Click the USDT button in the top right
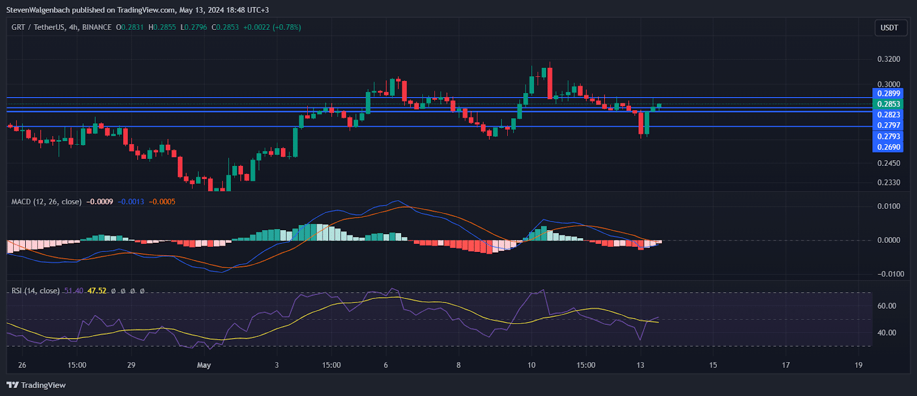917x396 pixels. click(x=889, y=28)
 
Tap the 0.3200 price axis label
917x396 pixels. click(x=889, y=59)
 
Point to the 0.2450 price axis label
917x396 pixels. click(x=889, y=163)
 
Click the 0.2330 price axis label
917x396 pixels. click(x=889, y=183)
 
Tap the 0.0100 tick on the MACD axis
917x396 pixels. click(x=889, y=206)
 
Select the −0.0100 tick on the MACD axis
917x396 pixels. click(x=891, y=274)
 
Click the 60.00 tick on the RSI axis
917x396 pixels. click(x=887, y=306)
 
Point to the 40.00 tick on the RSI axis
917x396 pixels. click(x=887, y=333)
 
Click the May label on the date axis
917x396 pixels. click(x=203, y=365)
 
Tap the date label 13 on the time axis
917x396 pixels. click(x=640, y=365)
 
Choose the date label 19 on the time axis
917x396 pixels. click(x=858, y=365)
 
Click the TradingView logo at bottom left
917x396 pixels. click(x=36, y=385)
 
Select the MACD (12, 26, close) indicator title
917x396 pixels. click(x=46, y=202)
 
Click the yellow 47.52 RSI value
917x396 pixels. click(x=97, y=291)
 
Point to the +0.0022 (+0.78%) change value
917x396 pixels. click(x=272, y=27)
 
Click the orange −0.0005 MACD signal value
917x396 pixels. click(x=162, y=202)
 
